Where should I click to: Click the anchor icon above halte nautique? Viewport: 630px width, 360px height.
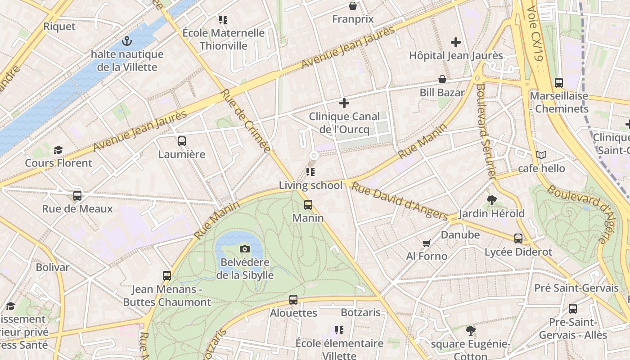[127, 41]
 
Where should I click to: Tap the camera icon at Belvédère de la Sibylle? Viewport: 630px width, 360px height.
[244, 249]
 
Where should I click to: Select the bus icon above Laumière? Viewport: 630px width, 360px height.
[182, 141]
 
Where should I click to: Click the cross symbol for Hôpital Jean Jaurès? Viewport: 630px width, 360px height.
[456, 42]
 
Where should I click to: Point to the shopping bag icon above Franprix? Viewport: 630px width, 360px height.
[353, 6]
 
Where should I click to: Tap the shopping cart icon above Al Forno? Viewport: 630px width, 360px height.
[427, 243]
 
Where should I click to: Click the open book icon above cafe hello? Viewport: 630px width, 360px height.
[541, 155]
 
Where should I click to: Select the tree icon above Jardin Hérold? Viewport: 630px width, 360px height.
[491, 200]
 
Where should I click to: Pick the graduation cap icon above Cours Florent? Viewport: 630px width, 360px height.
[58, 150]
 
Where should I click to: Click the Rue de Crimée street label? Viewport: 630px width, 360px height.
[245, 121]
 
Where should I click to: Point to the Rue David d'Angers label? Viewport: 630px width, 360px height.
[400, 201]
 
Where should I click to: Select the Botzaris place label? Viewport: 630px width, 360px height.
[360, 312]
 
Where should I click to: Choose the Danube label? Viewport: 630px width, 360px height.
[460, 234]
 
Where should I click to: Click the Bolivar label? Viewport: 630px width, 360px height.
[53, 267]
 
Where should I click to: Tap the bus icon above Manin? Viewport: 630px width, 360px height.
[308, 205]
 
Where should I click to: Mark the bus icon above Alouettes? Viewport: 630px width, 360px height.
[293, 299]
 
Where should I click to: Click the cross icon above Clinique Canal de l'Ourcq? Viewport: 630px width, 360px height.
[344, 103]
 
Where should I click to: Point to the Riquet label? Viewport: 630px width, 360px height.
[59, 27]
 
